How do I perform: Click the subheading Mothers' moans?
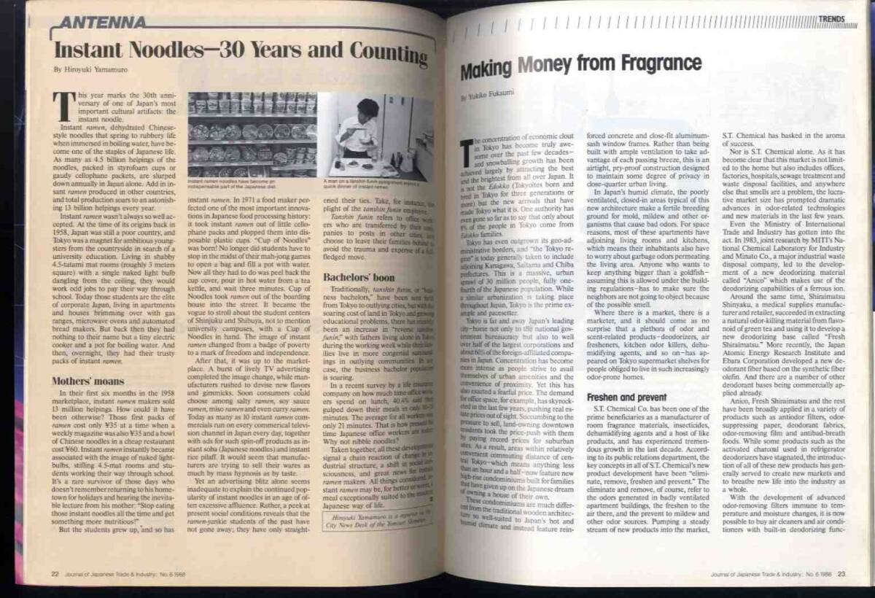80,381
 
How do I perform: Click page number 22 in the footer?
55,574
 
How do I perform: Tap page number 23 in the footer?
841,573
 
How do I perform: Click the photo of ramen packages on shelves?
252,135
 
